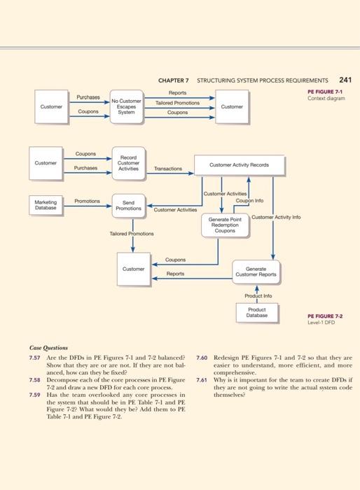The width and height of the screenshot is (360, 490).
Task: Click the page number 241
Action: (x=345, y=80)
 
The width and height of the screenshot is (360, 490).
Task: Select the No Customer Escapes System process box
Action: (x=126, y=107)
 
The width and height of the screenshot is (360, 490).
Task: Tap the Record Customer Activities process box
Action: (x=128, y=164)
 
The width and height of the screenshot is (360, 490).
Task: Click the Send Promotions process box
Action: (x=128, y=205)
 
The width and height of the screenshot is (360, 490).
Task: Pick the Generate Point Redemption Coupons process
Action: (x=225, y=225)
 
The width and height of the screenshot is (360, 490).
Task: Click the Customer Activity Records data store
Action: (x=239, y=165)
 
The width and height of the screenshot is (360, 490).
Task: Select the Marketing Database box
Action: (x=46, y=204)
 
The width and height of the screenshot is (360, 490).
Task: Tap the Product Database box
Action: (x=256, y=312)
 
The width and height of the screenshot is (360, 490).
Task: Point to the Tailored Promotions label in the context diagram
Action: (x=177, y=102)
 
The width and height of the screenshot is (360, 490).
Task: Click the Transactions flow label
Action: (x=168, y=169)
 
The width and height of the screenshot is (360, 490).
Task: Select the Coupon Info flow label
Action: (x=249, y=199)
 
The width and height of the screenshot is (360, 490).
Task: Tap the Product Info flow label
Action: (x=257, y=295)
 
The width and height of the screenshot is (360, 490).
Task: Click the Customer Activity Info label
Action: (x=276, y=217)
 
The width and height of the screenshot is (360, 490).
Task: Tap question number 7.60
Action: (x=202, y=357)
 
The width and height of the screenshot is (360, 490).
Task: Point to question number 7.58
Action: (x=35, y=379)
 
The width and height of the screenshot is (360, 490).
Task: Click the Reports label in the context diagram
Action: (x=177, y=92)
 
